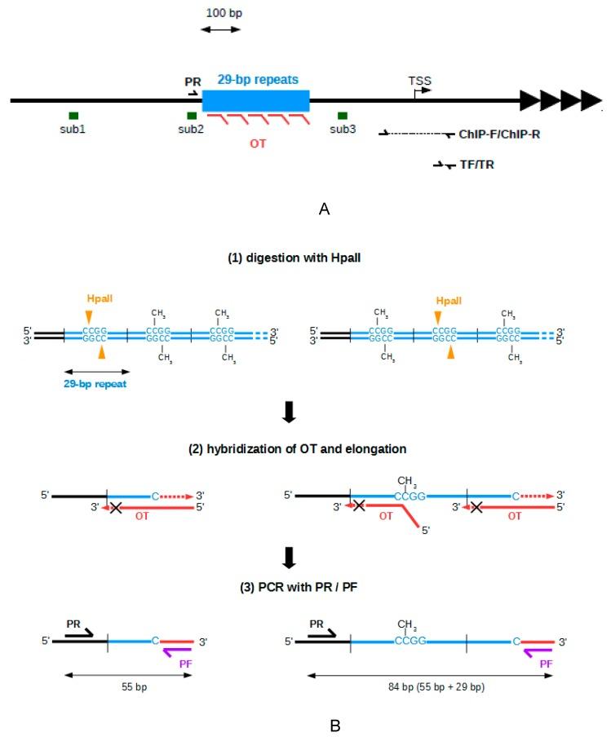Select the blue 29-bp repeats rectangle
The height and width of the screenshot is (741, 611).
pyautogui.click(x=255, y=101)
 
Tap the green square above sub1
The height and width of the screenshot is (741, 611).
pyautogui.click(x=73, y=116)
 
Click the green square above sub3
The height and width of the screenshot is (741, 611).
pyautogui.click(x=343, y=116)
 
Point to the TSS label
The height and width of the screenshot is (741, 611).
pyautogui.click(x=420, y=82)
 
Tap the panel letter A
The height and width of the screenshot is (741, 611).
pyautogui.click(x=324, y=210)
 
